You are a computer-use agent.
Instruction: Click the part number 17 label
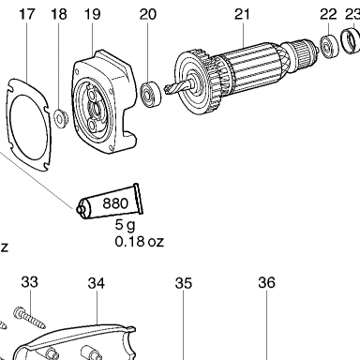(27, 15)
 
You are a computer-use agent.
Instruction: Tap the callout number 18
(59, 15)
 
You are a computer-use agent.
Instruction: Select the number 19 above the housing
(93, 15)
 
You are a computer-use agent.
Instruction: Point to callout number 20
(148, 15)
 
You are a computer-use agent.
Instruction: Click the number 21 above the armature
(243, 15)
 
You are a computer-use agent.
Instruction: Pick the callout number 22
(328, 15)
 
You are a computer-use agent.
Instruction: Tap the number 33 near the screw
(30, 282)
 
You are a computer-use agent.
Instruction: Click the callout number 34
(97, 283)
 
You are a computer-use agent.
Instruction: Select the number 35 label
(184, 283)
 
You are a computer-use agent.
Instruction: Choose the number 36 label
(267, 282)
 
